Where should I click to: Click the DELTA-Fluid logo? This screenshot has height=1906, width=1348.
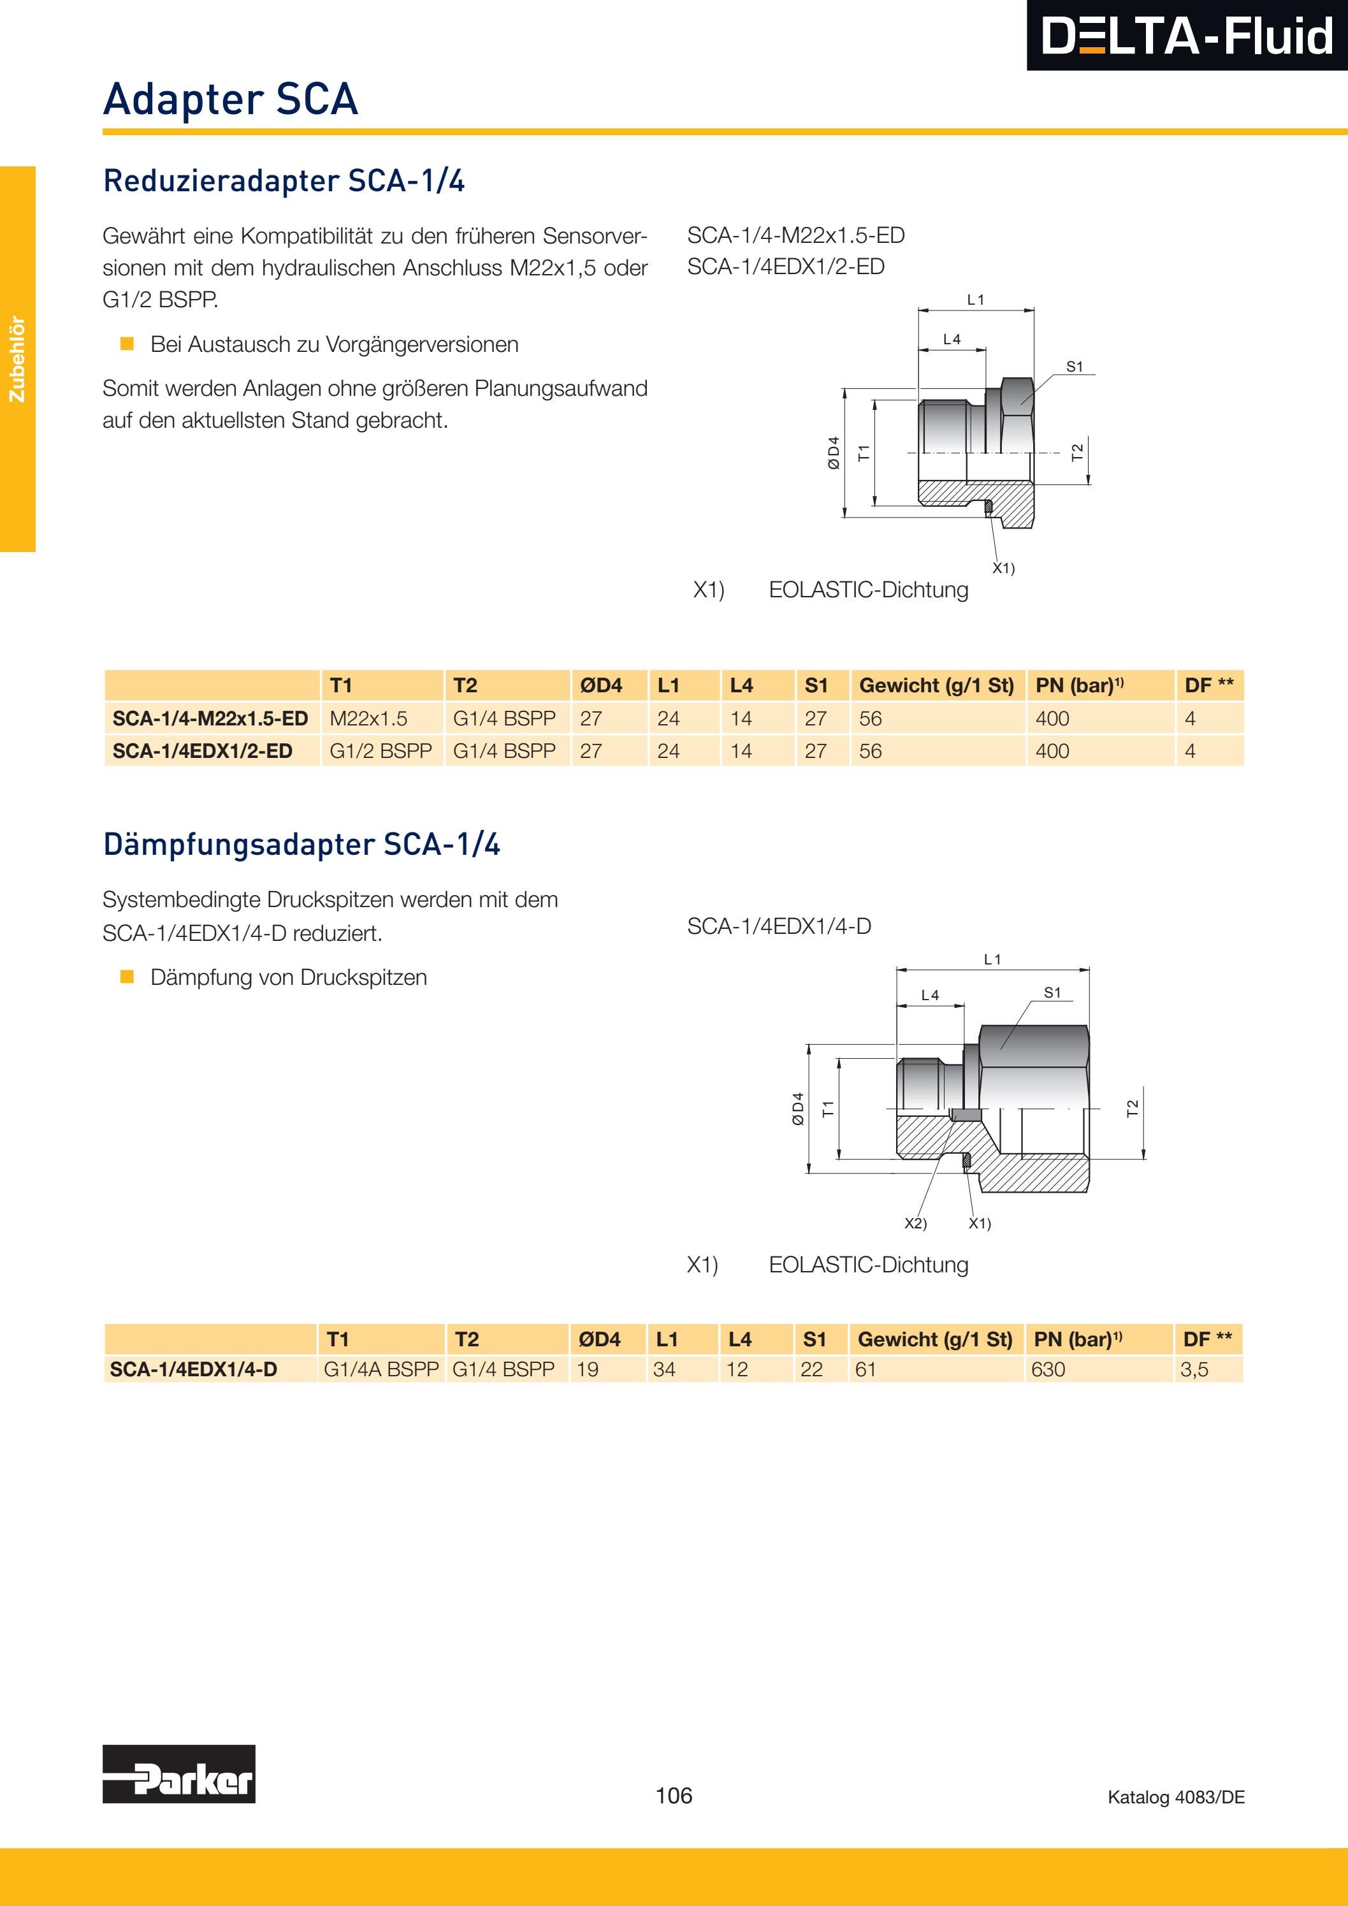tap(1186, 36)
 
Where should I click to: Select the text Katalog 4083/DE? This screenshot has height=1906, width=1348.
tap(1175, 1796)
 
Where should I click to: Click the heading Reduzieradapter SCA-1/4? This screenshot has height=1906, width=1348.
tap(283, 181)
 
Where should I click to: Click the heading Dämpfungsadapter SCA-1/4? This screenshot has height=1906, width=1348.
tap(301, 844)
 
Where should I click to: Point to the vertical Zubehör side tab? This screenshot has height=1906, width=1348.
tap(17, 359)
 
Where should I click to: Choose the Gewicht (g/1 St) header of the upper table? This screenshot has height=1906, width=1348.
tap(936, 686)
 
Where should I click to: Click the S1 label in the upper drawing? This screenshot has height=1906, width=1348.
tap(1074, 366)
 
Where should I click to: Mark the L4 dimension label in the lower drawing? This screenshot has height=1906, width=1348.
tap(930, 995)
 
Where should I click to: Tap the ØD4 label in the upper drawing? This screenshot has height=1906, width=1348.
tap(834, 453)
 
